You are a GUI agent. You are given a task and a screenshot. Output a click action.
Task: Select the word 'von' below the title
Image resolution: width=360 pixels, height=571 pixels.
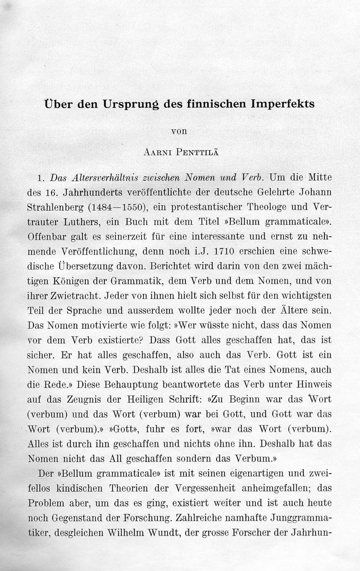coord(180,130)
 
